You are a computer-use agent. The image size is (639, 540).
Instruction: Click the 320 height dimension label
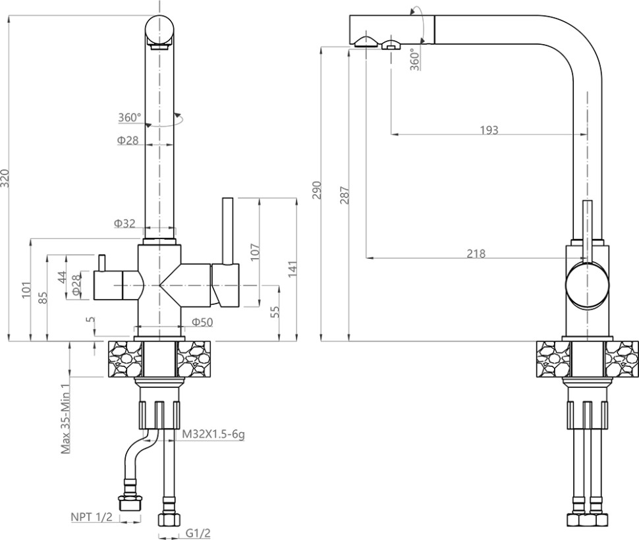(5, 178)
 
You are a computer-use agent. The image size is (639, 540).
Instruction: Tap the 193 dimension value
(488, 130)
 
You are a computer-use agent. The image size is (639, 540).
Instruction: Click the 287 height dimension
(345, 196)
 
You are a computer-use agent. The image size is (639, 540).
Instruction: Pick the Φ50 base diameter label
(202, 321)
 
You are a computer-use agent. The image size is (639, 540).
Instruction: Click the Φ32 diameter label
(125, 224)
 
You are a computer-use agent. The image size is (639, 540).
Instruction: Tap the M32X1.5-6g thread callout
(213, 435)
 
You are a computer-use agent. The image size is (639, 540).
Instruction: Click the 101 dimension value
(26, 289)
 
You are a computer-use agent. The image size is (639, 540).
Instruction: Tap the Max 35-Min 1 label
(65, 419)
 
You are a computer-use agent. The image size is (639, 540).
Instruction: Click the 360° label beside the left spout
(130, 118)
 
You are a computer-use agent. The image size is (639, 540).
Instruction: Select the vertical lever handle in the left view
(228, 230)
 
